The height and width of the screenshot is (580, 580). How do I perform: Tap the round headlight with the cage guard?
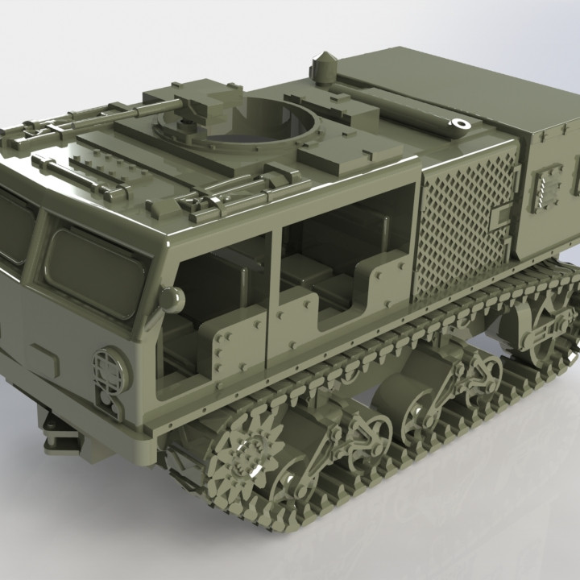(x=110, y=367)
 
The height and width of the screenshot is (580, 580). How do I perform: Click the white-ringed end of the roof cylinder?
(x=460, y=125)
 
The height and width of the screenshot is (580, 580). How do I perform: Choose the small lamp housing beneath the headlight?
(x=110, y=403)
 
